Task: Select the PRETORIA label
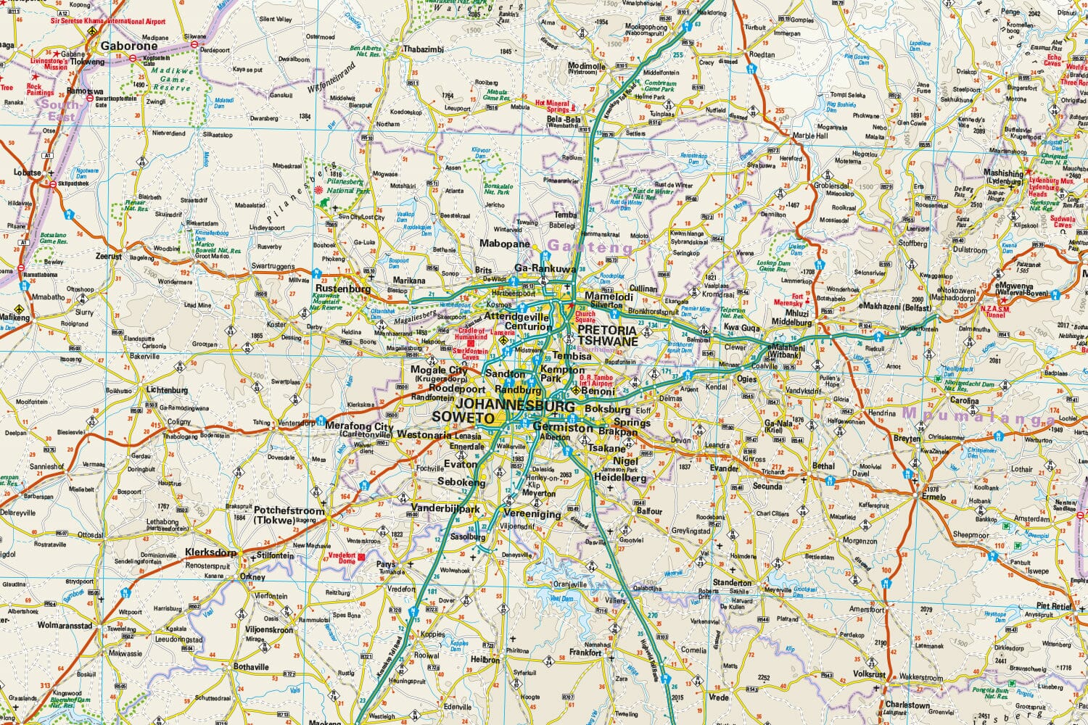[608, 329]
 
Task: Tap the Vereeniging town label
[532, 515]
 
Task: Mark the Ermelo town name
[935, 497]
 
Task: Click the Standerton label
[732, 583]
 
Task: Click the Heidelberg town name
[619, 478]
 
